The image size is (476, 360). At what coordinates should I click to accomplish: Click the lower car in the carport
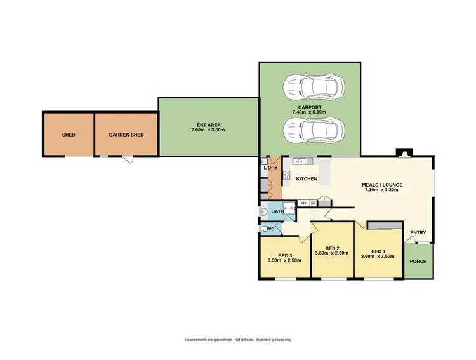point(314,130)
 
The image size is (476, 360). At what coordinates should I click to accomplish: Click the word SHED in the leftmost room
point(69,135)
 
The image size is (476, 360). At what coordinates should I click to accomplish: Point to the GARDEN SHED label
point(126,135)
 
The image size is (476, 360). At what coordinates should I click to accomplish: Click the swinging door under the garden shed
point(129,160)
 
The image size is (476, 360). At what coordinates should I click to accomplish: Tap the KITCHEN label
point(307,179)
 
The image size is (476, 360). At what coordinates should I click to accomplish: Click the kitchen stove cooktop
point(286,175)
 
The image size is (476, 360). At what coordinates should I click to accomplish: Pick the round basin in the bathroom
point(263,211)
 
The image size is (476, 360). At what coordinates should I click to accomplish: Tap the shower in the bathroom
point(288,210)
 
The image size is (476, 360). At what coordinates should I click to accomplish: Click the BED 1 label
point(378,250)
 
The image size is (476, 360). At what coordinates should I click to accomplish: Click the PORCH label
point(418,262)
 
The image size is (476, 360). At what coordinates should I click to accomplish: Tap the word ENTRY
point(418,232)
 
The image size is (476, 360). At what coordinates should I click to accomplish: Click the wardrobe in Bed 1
point(385,225)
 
